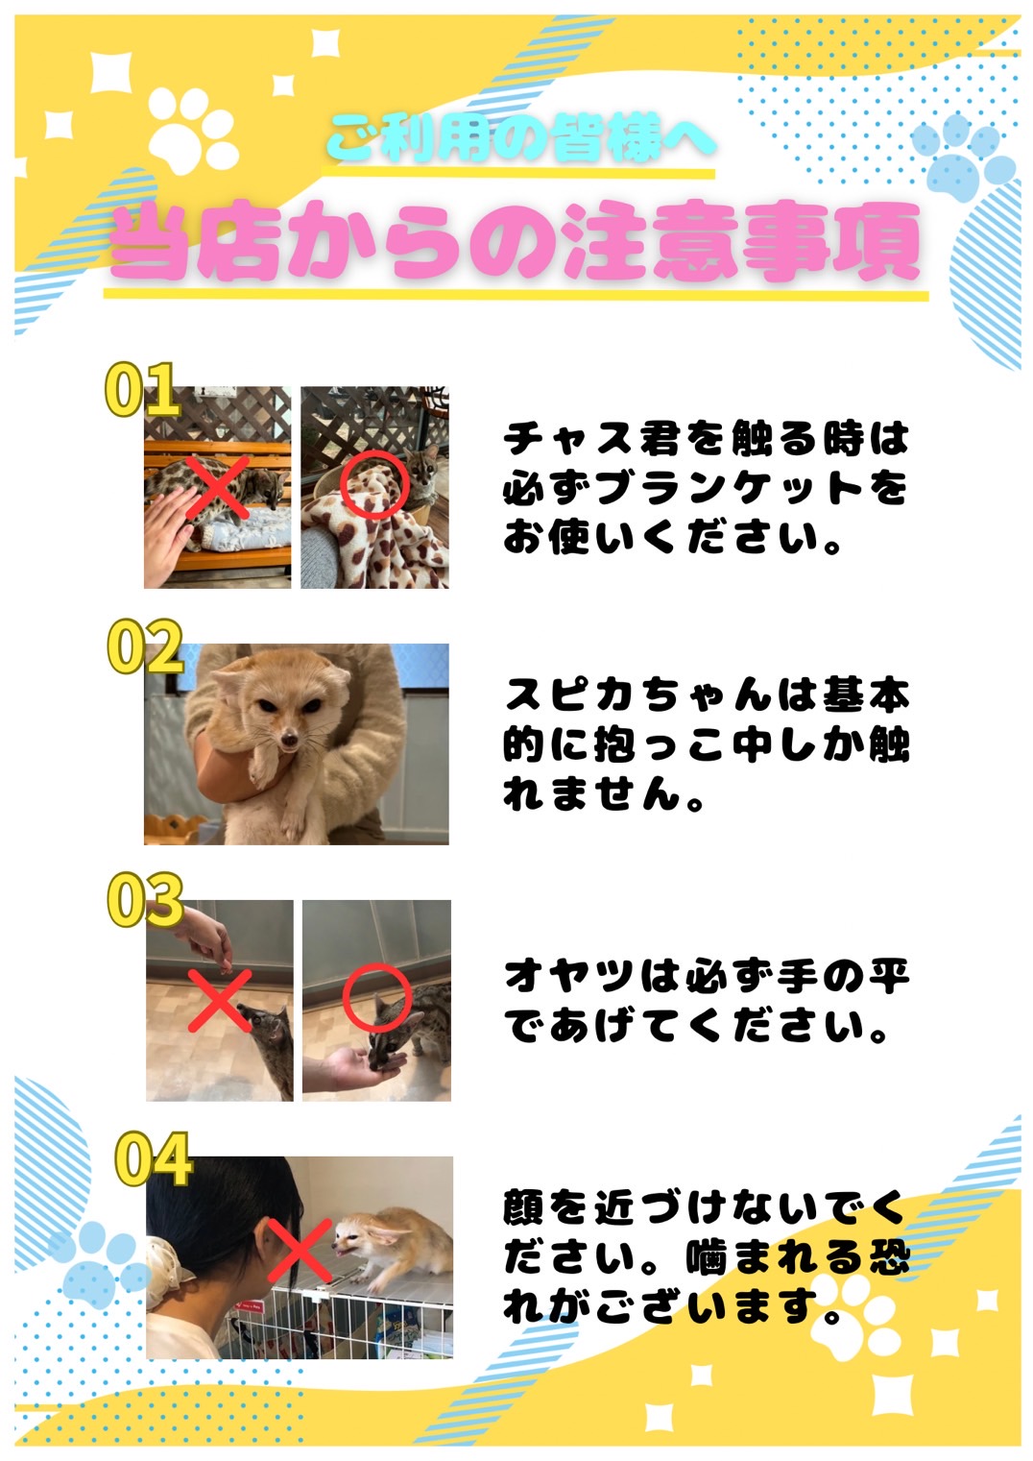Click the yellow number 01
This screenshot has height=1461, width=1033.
coord(142,389)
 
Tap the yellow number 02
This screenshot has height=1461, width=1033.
coord(145,646)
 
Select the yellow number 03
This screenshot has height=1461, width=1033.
coord(145,900)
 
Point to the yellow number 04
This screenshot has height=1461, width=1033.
coord(154,1158)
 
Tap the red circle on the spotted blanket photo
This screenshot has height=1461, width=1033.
coord(375,485)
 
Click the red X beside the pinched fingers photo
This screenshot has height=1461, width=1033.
coord(220,1001)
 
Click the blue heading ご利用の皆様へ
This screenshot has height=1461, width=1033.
coord(521,139)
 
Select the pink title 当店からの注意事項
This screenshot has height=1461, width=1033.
coord(515,243)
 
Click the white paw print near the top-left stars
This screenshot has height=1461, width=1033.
coord(193,132)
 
